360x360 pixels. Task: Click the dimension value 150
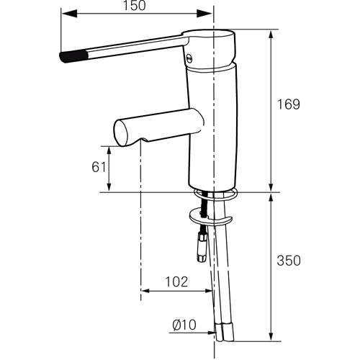pos(135,6)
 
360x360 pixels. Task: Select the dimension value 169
pos(289,104)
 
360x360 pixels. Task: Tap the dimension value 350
pos(289,261)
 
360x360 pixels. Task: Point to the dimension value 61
pos(99,167)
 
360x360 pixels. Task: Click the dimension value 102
pos(176,282)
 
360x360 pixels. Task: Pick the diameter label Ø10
pos(184,325)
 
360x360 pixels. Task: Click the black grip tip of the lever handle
pos(73,56)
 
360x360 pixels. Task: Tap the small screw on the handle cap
pos(189,58)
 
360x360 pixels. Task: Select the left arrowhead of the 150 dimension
pos(69,14)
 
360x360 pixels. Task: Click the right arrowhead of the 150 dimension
pos(204,14)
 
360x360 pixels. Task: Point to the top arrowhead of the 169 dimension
pos(271,38)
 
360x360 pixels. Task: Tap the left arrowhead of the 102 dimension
pos(145,291)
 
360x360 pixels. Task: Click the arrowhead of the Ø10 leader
pos(212,333)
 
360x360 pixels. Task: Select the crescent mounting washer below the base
pos(210,217)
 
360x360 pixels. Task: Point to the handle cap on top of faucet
pos(210,48)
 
